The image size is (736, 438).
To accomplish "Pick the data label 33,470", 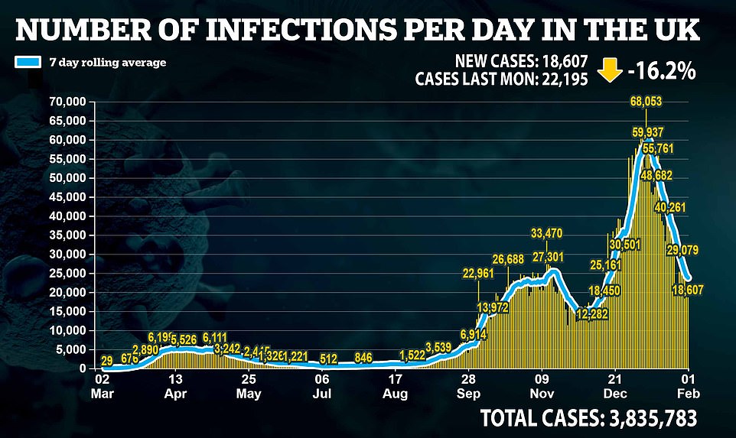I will pos(549,232).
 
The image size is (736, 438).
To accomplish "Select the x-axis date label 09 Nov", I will pos(542,384).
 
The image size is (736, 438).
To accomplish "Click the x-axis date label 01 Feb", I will pos(689,384).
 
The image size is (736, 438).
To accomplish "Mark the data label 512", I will pos(328,359).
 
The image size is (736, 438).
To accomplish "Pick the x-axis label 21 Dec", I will pos(616,384).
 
